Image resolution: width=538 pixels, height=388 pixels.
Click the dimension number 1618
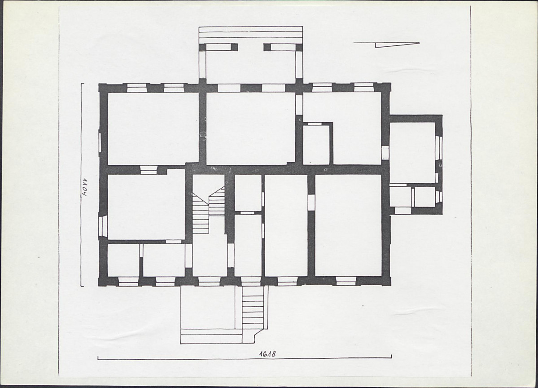tap(267, 354)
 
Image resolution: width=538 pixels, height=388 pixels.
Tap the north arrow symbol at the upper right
tap(386, 44)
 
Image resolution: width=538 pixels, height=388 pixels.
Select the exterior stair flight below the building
tap(254, 308)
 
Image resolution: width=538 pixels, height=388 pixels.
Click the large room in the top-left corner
tap(153, 128)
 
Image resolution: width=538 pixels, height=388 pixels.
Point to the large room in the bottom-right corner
tap(348, 225)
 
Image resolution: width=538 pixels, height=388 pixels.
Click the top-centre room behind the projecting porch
tap(250, 128)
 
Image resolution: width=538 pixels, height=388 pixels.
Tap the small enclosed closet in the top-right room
tap(316, 144)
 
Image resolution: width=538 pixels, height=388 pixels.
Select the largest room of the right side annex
tap(412, 153)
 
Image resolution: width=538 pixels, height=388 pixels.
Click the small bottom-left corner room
tap(123, 260)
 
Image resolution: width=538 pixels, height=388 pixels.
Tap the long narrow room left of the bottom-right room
tap(286, 225)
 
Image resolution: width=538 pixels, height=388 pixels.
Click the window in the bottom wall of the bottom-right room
tap(346, 281)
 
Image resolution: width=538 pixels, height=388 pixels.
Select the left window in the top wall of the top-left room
tap(137, 88)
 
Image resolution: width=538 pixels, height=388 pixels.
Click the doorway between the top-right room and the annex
tap(385, 152)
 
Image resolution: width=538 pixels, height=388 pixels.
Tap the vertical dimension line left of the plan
tap(81, 185)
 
